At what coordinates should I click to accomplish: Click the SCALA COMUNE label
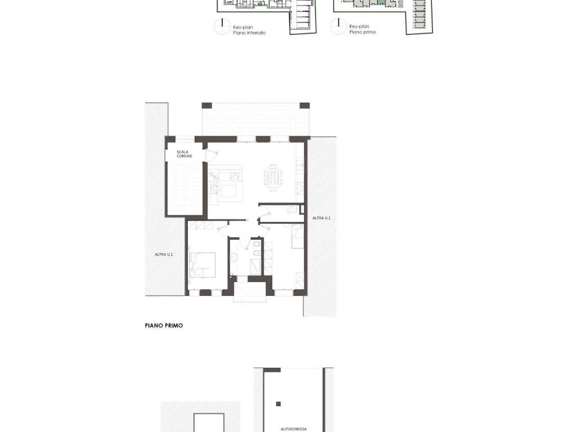coord(184,154)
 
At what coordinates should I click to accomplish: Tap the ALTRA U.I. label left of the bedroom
coord(164,255)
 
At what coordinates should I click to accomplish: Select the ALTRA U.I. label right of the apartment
coord(321,218)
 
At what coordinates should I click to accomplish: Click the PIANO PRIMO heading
coord(164,326)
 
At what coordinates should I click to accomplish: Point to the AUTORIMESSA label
coord(294,429)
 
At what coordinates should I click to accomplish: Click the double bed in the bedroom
coord(202,265)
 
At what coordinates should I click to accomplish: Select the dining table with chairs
coord(273,178)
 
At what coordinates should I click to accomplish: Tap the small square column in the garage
coord(278,404)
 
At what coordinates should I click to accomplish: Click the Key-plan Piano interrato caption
coord(249,30)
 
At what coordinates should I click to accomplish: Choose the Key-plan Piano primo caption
coord(363,29)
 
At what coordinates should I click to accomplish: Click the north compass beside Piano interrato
coord(222,26)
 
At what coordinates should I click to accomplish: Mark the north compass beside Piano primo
coord(338,26)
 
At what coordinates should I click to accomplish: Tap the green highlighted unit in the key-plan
coord(381,2)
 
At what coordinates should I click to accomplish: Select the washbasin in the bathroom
coord(233,256)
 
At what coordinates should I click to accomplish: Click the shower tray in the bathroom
coord(256,267)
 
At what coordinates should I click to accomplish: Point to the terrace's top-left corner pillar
coord(207,106)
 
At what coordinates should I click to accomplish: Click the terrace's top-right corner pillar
coord(304,106)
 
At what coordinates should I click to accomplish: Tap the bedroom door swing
coord(223,229)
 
